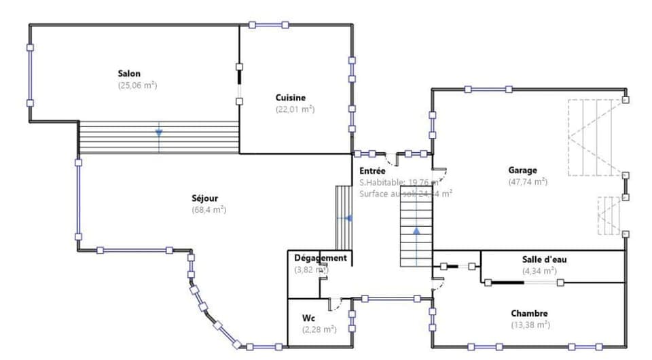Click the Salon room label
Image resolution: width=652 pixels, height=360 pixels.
click(x=129, y=73)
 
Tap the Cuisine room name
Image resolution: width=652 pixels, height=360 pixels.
click(x=291, y=97)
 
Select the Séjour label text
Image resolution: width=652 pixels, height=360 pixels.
click(x=204, y=198)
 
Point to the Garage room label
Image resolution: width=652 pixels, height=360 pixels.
click(x=522, y=170)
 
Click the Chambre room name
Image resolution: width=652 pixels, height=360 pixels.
click(x=529, y=313)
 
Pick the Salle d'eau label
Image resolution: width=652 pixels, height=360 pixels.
click(x=539, y=259)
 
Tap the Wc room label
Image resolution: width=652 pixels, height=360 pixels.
click(x=308, y=318)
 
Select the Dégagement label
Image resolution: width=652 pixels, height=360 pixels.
click(x=321, y=258)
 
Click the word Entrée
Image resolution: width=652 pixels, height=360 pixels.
click(x=373, y=171)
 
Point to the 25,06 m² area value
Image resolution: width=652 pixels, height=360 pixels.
click(x=137, y=86)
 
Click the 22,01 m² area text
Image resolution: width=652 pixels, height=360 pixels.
click(x=295, y=109)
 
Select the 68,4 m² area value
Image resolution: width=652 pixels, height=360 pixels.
click(x=209, y=210)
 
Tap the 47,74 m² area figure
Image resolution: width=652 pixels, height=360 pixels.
click(x=527, y=182)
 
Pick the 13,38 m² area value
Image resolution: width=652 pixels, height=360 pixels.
click(x=530, y=325)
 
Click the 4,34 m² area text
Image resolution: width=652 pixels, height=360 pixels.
click(x=539, y=270)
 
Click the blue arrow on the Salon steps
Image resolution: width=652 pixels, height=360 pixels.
click(x=158, y=132)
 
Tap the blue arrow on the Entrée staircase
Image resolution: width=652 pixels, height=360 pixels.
click(x=416, y=232)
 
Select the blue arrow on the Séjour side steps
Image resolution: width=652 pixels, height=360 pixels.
click(x=348, y=219)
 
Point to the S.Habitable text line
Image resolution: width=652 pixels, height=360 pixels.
click(x=398, y=182)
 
